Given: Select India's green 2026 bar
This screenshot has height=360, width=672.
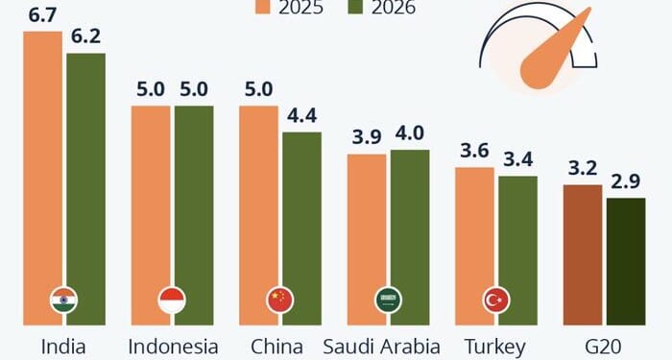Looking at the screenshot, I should [85, 182].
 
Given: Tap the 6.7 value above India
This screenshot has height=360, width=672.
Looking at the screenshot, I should [42, 15].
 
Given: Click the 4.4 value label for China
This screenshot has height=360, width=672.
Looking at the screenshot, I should [301, 117].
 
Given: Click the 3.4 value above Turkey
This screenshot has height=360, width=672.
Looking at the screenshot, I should [517, 160].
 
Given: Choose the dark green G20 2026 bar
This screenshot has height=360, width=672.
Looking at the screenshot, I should [625, 259].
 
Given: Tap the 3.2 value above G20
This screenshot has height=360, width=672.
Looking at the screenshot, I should [582, 169].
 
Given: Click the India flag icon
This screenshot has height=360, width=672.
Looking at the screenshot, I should [63, 300].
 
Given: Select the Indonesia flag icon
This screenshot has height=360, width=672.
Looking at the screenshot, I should [172, 300].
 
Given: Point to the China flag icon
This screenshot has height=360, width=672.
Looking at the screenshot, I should [279, 300].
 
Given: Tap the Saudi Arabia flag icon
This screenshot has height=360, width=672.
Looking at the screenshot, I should [388, 300].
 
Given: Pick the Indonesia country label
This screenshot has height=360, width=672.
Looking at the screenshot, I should [173, 346].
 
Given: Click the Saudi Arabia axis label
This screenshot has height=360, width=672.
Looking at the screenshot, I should [381, 346].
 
